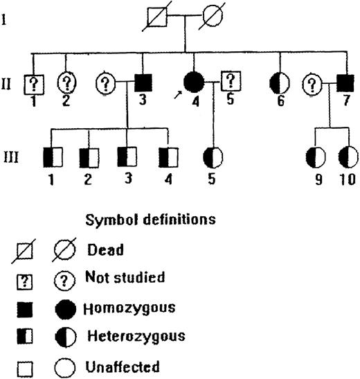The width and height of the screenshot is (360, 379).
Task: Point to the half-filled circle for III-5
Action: [x=212, y=157]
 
